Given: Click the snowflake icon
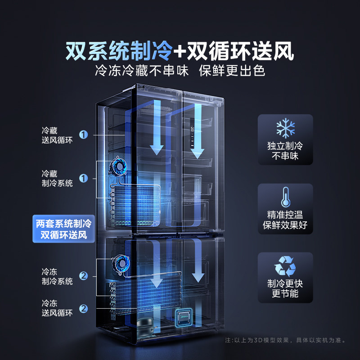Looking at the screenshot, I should [x=285, y=129].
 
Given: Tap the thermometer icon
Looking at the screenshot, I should [x=285, y=196].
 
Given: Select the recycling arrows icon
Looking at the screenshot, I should [x=285, y=265].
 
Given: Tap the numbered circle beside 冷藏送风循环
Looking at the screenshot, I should [x=83, y=135].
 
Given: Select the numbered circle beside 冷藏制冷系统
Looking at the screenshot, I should [x=83, y=179].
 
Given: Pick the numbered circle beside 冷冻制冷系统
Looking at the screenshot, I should [x=83, y=276].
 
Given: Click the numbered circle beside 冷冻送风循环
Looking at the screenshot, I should [x=83, y=309].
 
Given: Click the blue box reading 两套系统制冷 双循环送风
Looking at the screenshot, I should [x=63, y=229].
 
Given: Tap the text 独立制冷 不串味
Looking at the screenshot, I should [x=285, y=152].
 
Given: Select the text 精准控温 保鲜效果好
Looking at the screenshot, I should [x=285, y=220].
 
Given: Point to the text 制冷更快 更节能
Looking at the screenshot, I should [x=285, y=288].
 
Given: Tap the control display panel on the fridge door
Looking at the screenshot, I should [x=192, y=135].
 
